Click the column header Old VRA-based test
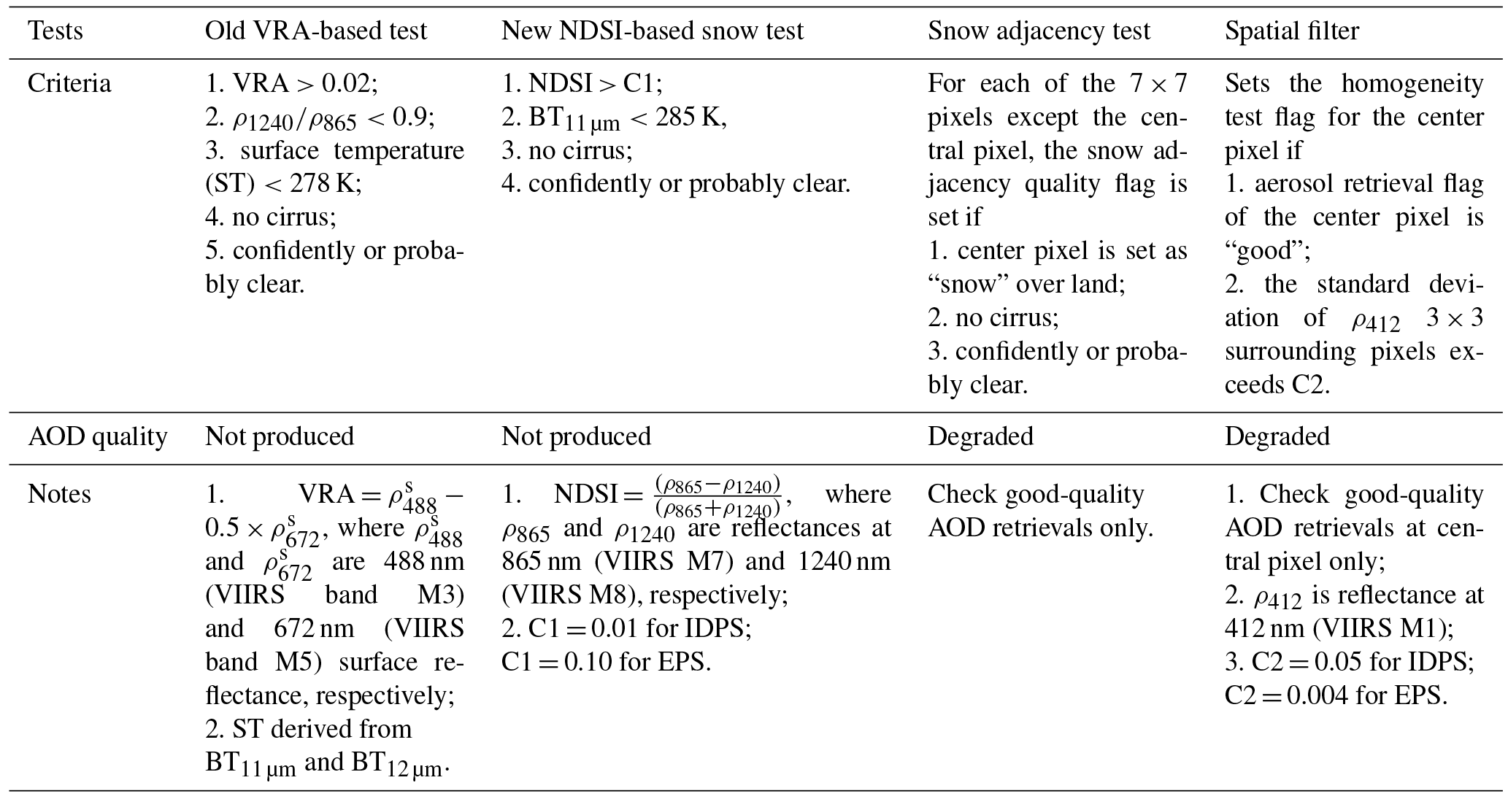pyautogui.click(x=315, y=31)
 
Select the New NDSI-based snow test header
pyautogui.click(x=652, y=31)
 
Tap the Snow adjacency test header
pyautogui.click(x=1039, y=31)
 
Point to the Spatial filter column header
pyautogui.click(x=1291, y=31)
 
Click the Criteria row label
pyautogui.click(x=69, y=84)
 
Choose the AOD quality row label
pyautogui.click(x=97, y=437)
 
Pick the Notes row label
pyautogui.click(x=59, y=495)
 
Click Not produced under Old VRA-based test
pyautogui.click(x=280, y=437)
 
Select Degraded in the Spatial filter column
pyautogui.click(x=1277, y=437)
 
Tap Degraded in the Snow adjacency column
pyautogui.click(x=980, y=437)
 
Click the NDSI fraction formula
pyautogui.click(x=718, y=495)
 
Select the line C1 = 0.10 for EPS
pyautogui.click(x=605, y=663)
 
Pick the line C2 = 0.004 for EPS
pyautogui.click(x=1335, y=696)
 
